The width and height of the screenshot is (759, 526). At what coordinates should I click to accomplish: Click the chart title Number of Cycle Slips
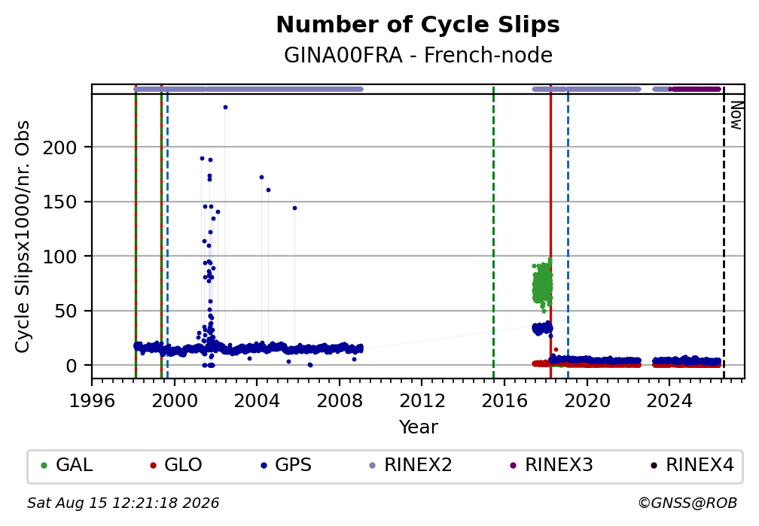tap(418, 25)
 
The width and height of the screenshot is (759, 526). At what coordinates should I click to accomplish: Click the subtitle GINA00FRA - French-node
tap(418, 55)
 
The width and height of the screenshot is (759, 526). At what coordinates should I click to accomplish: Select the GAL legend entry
tap(67, 465)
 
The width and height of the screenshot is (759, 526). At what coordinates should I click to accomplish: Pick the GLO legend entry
tap(175, 465)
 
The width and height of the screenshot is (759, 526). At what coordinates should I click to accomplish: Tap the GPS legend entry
tap(285, 465)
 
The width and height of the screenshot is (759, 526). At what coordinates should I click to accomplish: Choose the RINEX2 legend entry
tap(410, 465)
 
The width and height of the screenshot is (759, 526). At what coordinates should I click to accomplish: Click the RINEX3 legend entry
tap(551, 465)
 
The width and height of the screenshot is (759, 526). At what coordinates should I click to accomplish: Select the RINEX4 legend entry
tap(692, 465)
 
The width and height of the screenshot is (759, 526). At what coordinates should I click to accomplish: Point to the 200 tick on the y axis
tap(59, 147)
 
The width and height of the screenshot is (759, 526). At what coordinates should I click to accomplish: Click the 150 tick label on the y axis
tap(59, 202)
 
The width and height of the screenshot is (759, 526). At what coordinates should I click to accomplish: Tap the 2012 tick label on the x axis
tap(422, 400)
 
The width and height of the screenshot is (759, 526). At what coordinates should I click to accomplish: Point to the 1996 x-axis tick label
tap(92, 400)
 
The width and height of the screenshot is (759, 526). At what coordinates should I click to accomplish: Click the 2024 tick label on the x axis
tap(669, 400)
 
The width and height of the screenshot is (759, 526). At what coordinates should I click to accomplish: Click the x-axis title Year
tap(418, 427)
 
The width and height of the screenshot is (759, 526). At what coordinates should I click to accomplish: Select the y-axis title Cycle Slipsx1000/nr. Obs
tap(23, 236)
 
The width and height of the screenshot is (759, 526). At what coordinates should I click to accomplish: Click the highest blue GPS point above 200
tap(225, 108)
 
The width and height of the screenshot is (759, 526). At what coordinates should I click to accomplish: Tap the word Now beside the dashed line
tap(736, 115)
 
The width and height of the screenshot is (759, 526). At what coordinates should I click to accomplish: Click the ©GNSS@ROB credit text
tap(687, 503)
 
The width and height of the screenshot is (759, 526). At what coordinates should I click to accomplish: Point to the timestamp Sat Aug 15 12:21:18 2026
tap(123, 503)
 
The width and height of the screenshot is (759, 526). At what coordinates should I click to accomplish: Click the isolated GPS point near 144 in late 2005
tap(294, 208)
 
